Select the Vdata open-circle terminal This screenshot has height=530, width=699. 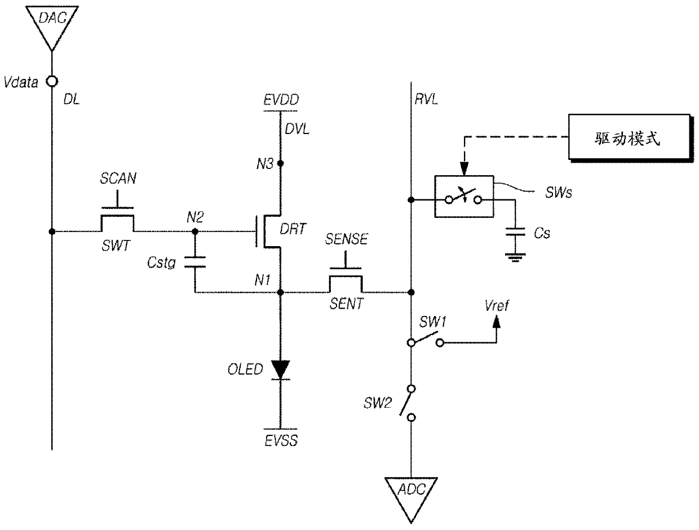(x=52, y=82)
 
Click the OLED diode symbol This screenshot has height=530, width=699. (x=281, y=370)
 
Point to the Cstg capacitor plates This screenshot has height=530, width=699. (x=195, y=262)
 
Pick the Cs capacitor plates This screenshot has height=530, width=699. (x=515, y=231)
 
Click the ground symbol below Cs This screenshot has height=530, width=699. (x=515, y=257)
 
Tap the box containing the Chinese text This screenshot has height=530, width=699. (x=630, y=137)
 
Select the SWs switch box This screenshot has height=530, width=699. (x=464, y=197)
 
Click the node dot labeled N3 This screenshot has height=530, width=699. (x=281, y=163)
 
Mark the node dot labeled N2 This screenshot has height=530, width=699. (x=195, y=231)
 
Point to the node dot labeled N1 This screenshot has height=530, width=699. (x=281, y=292)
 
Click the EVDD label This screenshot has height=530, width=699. (x=281, y=100)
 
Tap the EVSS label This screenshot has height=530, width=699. (x=281, y=441)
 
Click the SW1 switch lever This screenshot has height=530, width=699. (x=425, y=337)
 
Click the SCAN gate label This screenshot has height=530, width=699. (x=118, y=179)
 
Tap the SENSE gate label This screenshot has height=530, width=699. (x=347, y=239)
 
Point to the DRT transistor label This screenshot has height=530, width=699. (x=293, y=229)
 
